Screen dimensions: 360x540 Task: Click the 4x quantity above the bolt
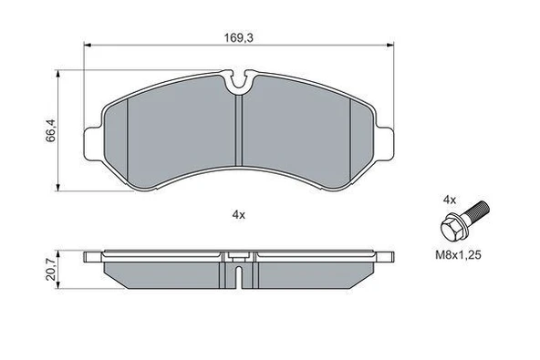(449, 198)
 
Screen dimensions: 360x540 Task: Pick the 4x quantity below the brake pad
(239, 215)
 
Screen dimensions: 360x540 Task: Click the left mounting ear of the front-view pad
(91, 144)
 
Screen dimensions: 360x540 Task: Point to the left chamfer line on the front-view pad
(129, 141)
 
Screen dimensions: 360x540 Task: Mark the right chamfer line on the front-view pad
(351, 141)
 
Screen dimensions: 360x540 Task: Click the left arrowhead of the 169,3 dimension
(88, 46)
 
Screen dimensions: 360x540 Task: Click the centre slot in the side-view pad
(238, 274)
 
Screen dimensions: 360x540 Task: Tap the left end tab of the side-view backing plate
(91, 258)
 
